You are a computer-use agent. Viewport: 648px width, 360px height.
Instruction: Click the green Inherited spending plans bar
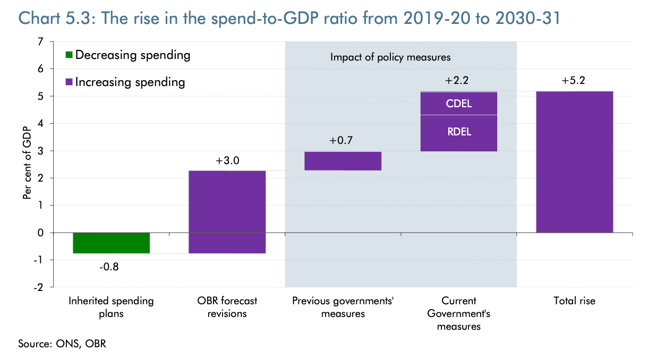[111, 243]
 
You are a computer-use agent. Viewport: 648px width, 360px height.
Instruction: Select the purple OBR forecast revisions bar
[227, 212]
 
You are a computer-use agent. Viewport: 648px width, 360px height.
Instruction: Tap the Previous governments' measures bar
[343, 161]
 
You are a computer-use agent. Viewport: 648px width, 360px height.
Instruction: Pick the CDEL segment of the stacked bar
[458, 104]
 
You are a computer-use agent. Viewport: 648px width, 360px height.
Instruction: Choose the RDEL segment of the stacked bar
[458, 133]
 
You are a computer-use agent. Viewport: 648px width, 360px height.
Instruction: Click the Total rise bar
[574, 162]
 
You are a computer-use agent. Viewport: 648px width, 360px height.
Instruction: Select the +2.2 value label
[458, 81]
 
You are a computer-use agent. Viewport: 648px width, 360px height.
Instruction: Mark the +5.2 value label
[574, 81]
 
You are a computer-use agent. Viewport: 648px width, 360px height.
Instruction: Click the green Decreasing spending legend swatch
[69, 55]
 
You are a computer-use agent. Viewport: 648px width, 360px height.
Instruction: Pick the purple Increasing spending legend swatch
[69, 82]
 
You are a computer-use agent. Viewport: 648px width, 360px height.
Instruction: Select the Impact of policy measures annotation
[390, 57]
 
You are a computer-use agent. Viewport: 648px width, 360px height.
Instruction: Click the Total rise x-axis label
[574, 301]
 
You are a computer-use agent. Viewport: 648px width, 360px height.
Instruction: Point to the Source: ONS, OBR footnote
[62, 344]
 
